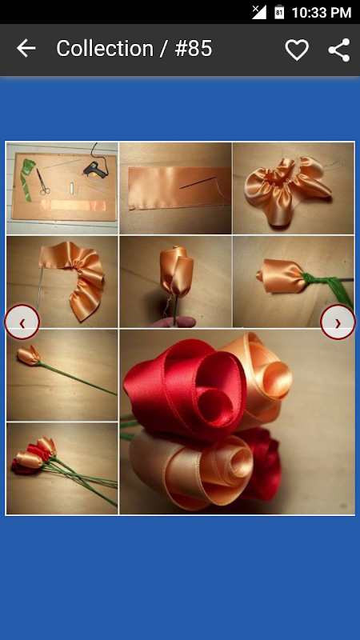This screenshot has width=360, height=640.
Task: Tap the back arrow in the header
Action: point(26,49)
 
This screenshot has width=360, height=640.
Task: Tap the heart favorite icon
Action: point(297,50)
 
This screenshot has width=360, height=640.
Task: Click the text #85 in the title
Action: point(194,49)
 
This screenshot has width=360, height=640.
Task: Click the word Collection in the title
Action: point(105,49)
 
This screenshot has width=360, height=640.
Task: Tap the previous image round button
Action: point(22,322)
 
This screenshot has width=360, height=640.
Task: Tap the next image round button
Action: point(338,322)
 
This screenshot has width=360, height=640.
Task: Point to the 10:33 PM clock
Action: point(322,13)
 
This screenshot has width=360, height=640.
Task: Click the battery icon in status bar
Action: point(279,12)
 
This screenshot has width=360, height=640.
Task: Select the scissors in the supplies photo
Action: point(42,182)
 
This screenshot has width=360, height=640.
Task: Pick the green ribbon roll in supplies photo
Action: point(28,178)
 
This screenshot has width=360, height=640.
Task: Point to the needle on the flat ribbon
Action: point(198,182)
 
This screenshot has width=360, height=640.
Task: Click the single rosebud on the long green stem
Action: point(29,355)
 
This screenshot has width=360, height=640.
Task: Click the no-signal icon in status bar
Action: point(259,12)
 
